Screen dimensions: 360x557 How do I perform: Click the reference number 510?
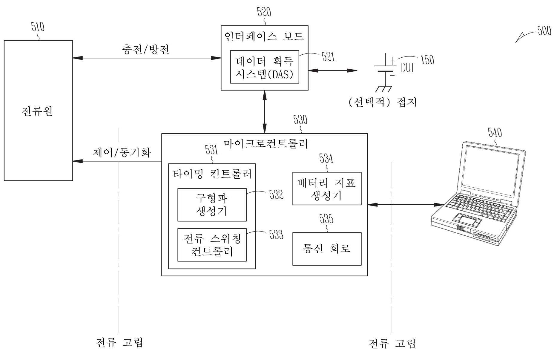pos(38,27)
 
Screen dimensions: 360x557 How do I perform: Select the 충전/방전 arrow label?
pos(145,49)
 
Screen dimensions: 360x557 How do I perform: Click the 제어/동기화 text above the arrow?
pos(122,153)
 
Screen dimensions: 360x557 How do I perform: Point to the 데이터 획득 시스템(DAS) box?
pos(264,67)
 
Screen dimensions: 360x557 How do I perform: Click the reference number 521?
pos(328,56)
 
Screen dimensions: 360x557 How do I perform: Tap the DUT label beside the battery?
pos(407,68)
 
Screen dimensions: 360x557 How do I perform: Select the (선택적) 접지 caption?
pos(383,102)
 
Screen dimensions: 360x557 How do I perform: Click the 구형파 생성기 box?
pos(212,205)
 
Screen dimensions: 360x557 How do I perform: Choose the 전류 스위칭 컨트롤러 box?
pos(212,245)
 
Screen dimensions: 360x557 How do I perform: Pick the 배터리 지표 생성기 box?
pos(327,189)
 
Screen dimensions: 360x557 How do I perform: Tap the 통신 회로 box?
pos(327,249)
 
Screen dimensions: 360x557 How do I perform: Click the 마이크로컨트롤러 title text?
pos(265,144)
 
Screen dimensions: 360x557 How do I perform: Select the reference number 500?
pos(544,31)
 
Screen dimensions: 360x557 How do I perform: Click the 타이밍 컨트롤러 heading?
pos(212,174)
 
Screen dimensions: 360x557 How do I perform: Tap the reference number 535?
pos(326,219)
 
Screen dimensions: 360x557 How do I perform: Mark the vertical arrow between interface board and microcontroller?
pos(264,112)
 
